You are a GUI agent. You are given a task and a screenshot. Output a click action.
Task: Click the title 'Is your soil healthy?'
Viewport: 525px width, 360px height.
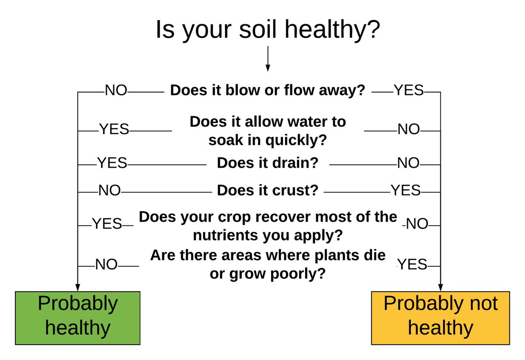(268, 30)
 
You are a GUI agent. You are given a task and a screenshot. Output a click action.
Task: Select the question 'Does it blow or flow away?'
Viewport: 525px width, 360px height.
(267, 91)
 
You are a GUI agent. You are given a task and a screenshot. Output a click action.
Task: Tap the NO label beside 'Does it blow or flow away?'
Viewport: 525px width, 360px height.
(115, 91)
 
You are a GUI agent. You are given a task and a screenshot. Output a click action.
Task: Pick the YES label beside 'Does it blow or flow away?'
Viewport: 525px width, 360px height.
(409, 91)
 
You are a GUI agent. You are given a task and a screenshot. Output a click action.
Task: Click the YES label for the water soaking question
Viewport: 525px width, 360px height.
(114, 129)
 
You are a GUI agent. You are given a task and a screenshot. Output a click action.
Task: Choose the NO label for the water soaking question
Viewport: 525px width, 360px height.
(408, 129)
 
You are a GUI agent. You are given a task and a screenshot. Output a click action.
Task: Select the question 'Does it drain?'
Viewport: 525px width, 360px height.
(267, 164)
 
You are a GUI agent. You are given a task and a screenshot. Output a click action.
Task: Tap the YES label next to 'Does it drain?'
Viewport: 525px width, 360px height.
(112, 164)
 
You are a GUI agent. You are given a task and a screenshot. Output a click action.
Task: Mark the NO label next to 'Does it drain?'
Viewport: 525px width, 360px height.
(408, 164)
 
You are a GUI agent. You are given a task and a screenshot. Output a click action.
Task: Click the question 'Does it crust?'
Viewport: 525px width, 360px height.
(267, 191)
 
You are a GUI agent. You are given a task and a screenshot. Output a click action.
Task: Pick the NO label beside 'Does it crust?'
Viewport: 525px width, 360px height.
(109, 191)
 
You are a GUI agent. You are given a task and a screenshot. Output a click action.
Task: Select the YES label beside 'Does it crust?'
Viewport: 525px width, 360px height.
(406, 191)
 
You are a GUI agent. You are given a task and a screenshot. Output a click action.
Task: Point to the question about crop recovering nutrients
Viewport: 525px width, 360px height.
(267, 226)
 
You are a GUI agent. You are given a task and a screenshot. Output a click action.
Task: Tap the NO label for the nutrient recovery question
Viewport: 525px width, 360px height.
(417, 224)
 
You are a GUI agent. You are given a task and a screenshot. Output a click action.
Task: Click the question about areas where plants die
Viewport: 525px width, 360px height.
(267, 265)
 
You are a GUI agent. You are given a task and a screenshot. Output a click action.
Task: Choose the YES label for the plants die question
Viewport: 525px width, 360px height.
(412, 264)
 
